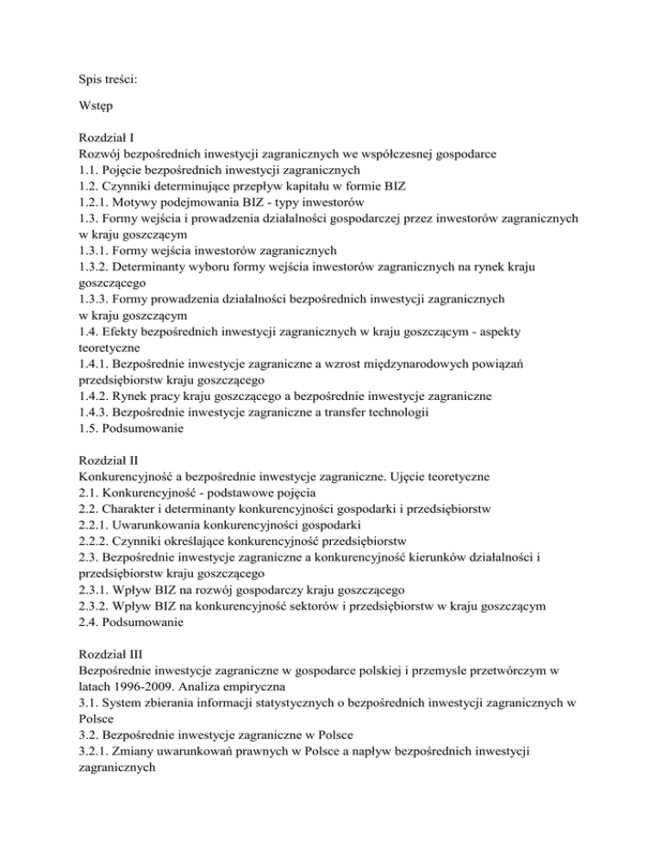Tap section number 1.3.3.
click(93, 298)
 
